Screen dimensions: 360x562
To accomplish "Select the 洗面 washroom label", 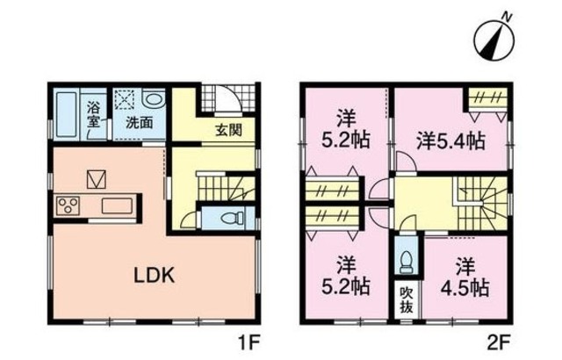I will tap(139, 122).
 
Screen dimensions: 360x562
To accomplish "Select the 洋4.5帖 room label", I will tap(465, 275).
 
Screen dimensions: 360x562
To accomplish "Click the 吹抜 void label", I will tap(406, 299).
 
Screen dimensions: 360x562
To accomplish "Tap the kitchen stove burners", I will tap(68, 206).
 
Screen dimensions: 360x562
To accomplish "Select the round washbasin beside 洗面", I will tap(152, 99).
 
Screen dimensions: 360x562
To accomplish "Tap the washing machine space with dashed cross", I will tap(123, 98).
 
